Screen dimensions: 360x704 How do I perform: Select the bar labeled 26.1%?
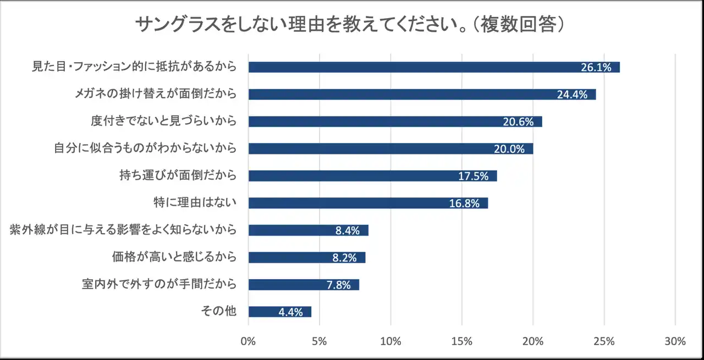coord(434,67)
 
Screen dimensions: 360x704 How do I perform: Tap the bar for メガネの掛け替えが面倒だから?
coord(422,95)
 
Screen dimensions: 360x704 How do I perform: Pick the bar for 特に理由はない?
coord(368,203)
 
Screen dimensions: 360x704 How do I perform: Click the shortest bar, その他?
coord(279,312)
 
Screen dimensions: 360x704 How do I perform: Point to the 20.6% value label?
coord(518,122)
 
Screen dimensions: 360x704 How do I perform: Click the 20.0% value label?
coord(509,149)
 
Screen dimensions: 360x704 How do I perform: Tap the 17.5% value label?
coord(473,176)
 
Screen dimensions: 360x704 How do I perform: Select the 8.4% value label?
coord(347,230)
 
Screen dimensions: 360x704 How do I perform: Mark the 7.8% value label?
coord(338,285)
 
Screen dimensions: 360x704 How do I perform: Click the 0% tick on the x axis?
coord(249,341)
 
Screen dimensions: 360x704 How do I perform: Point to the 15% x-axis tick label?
coord(461,341)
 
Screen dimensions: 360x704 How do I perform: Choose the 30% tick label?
coord(675,341)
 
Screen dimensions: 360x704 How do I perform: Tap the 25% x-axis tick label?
coord(604,341)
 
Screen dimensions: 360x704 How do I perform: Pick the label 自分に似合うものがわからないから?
coord(145,148)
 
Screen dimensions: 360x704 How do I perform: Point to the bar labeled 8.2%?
coord(307,257)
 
